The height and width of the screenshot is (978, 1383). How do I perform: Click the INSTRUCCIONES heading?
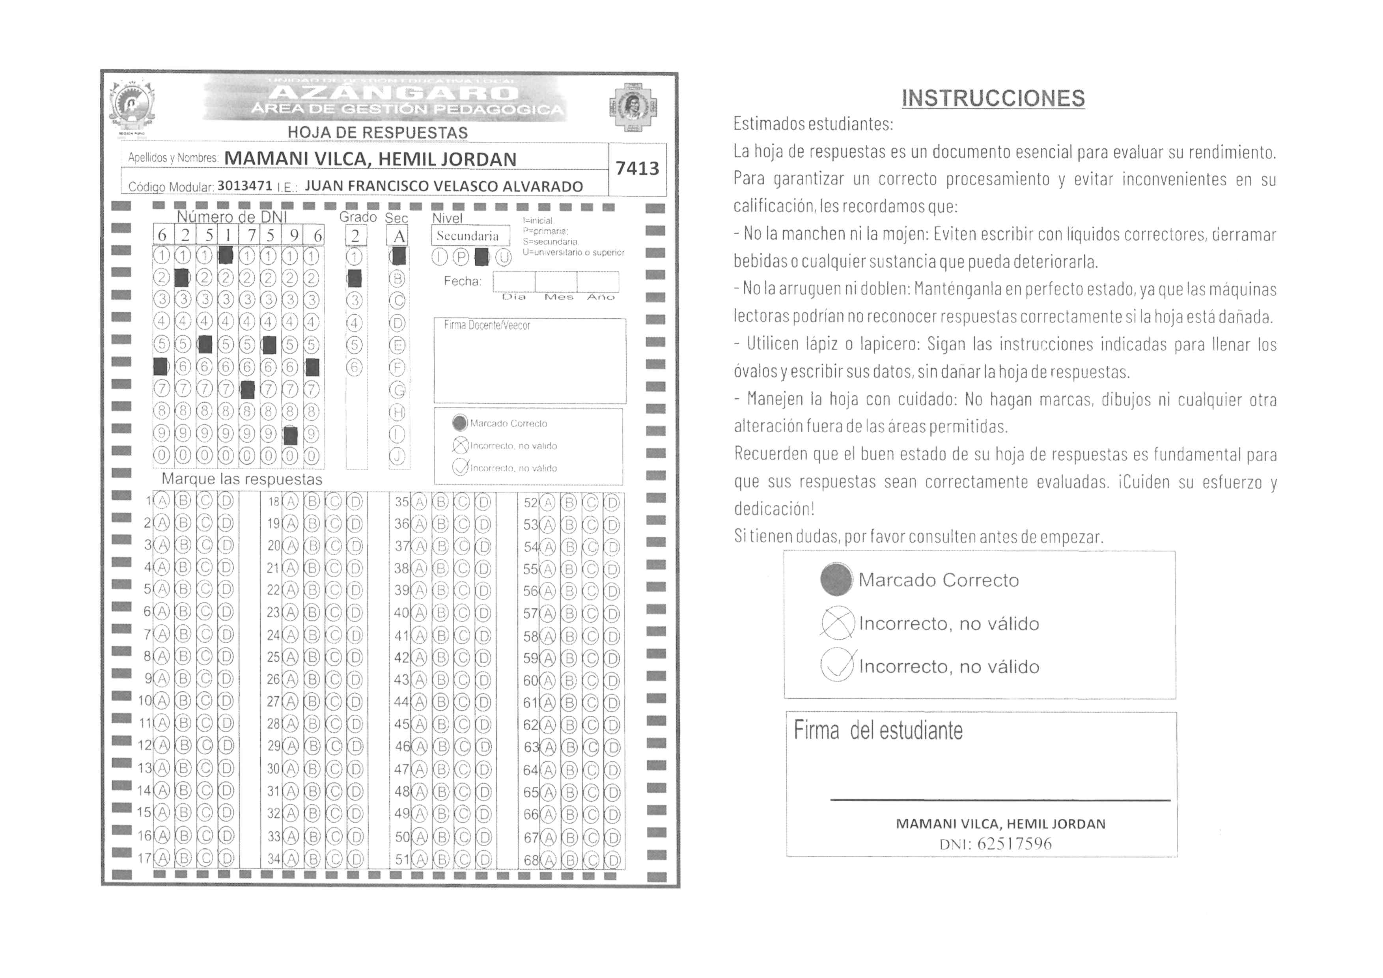(x=993, y=98)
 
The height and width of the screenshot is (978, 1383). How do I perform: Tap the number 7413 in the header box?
(x=637, y=169)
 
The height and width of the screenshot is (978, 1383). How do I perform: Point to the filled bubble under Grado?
(x=355, y=278)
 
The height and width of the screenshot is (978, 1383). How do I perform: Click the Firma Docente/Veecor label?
(x=487, y=325)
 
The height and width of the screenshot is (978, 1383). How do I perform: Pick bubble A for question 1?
(x=161, y=501)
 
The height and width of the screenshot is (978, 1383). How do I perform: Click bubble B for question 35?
(x=440, y=502)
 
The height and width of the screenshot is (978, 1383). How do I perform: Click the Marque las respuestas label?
(x=242, y=480)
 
